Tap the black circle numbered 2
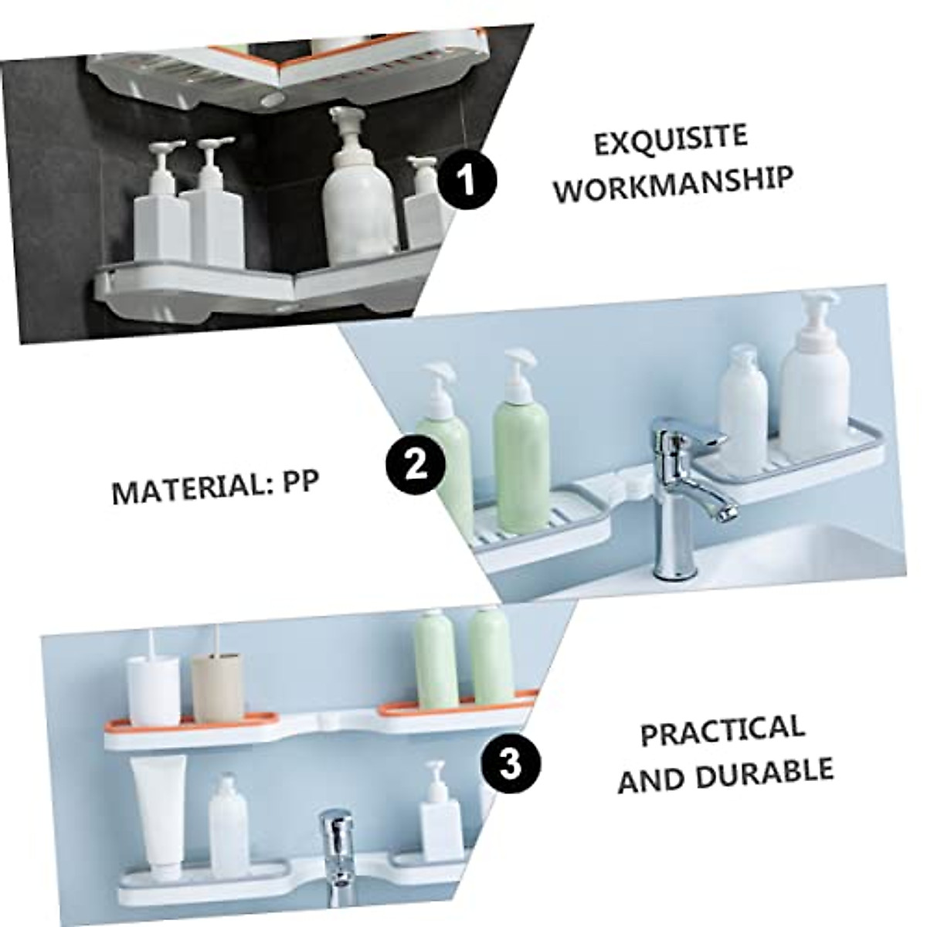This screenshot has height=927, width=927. pos(417,465)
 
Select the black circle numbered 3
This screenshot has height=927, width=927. pos(511,765)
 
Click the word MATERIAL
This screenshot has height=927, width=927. pos(182,489)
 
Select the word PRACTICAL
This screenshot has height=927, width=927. pos(722,731)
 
